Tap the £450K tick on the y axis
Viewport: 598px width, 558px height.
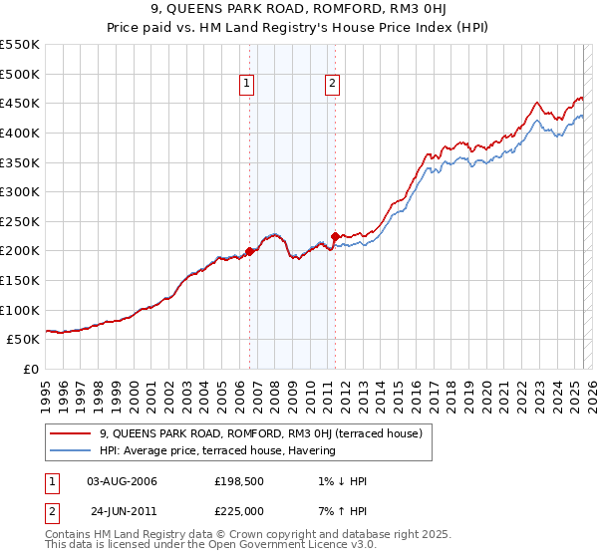(20, 103)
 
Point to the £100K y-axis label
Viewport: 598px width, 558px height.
(20, 310)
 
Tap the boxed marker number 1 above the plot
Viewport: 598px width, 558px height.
(246, 85)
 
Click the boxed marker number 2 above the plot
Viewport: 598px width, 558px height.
(332, 85)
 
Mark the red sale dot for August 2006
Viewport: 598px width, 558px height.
(250, 251)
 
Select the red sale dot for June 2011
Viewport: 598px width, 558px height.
(336, 236)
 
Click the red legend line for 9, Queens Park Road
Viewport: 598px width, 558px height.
(70, 433)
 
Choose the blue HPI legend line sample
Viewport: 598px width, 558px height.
(70, 450)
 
